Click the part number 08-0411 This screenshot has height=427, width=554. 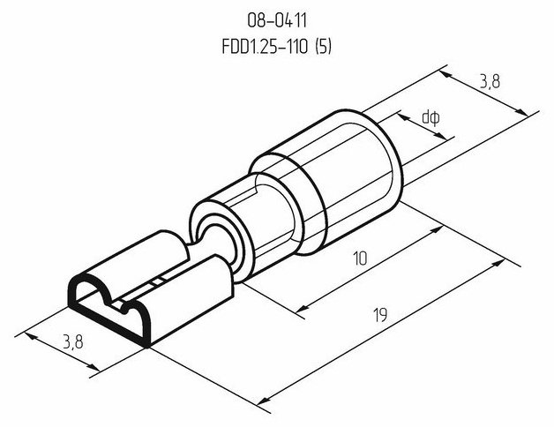[x=277, y=21]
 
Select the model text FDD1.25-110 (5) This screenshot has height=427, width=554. [x=277, y=46]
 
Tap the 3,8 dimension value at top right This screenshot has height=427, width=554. [x=490, y=82]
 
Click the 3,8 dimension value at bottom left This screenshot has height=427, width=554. [x=73, y=341]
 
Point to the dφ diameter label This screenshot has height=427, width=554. [x=431, y=117]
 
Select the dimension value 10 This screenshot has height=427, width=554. [x=361, y=258]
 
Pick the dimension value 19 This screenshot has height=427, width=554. [x=380, y=315]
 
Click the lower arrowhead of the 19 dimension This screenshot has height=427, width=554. [x=263, y=401]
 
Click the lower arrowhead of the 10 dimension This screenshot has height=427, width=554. [x=302, y=309]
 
